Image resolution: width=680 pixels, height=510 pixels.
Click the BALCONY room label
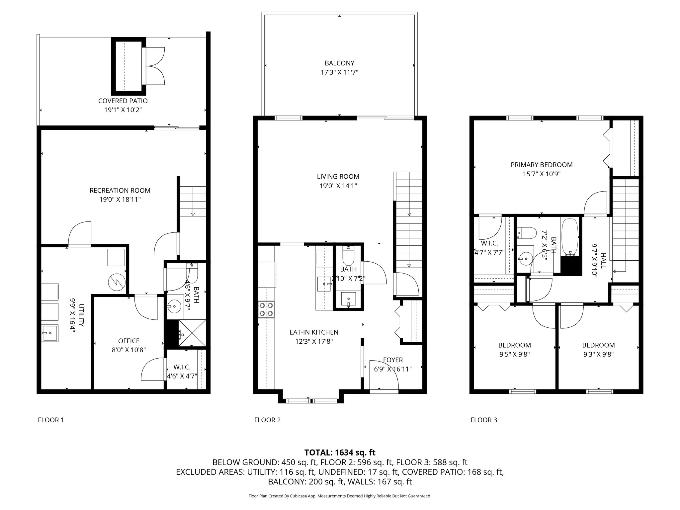click(339, 63)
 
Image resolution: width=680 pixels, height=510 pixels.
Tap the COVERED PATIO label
click(123, 101)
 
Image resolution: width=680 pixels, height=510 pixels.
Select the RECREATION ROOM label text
click(120, 191)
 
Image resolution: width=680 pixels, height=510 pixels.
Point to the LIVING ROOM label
click(338, 177)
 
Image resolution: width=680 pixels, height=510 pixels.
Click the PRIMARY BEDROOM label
click(542, 165)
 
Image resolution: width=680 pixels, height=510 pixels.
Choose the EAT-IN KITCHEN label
click(314, 332)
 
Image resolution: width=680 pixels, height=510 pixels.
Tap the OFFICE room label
click(129, 341)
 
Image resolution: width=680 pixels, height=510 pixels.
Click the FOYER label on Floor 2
click(393, 360)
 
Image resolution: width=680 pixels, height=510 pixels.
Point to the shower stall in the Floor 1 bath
click(192, 333)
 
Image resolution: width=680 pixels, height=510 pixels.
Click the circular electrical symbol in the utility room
click(117, 283)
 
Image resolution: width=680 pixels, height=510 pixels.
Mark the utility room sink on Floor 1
click(50, 333)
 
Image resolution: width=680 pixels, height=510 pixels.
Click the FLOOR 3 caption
click(484, 420)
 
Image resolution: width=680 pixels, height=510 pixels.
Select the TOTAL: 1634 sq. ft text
click(340, 452)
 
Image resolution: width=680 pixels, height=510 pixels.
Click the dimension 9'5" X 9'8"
click(514, 354)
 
